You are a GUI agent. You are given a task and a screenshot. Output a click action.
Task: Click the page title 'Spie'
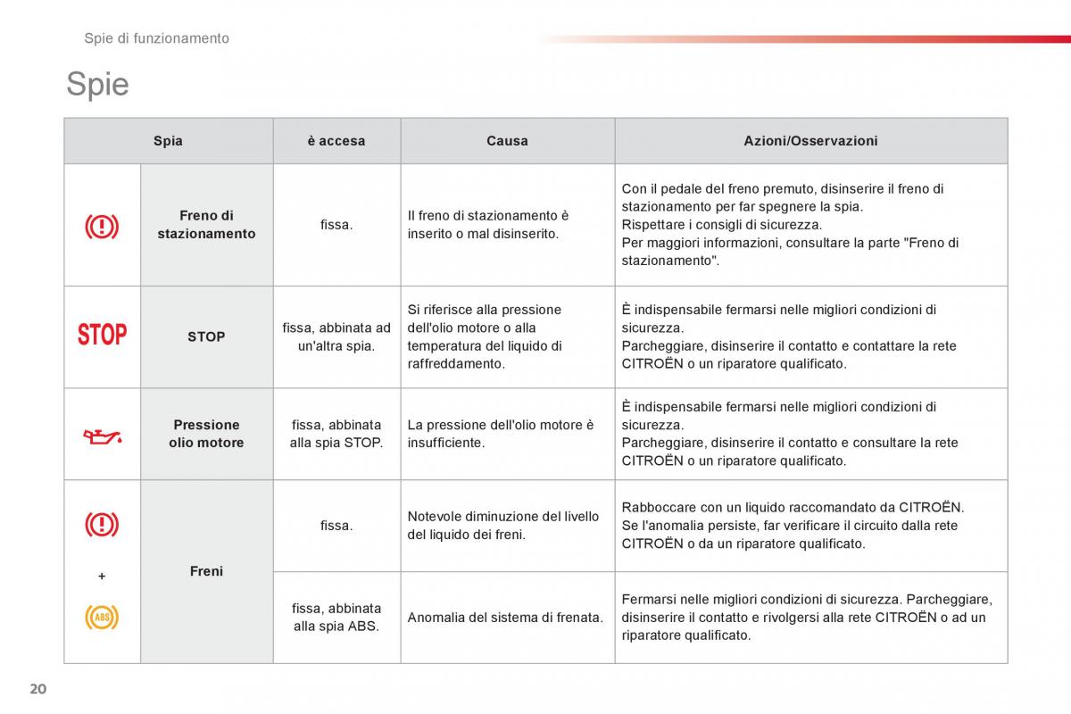point(97,85)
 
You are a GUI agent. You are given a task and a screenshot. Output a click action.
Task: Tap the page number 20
point(37,688)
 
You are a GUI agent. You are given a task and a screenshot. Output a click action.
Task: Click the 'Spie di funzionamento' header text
point(156,38)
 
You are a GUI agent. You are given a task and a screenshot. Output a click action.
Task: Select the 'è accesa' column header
point(336,141)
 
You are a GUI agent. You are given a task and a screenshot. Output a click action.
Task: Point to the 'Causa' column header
point(507,141)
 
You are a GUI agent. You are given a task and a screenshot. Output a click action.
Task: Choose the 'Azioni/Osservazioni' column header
point(810,141)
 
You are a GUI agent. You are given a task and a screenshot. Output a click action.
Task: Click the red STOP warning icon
point(102,336)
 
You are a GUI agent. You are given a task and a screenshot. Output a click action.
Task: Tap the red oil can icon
point(102,436)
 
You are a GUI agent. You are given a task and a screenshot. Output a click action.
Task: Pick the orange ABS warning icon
point(102,617)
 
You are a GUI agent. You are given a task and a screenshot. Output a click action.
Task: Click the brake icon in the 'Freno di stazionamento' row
point(102,227)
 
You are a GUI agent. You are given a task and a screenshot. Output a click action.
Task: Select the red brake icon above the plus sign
point(102,524)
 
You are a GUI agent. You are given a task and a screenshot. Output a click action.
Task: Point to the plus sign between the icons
point(102,577)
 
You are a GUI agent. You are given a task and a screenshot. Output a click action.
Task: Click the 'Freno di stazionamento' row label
point(206,225)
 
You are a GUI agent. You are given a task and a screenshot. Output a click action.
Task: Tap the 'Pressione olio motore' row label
point(206,434)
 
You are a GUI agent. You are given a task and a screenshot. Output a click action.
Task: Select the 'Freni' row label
point(206,571)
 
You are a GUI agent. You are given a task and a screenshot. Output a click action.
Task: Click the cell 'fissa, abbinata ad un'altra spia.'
point(336,336)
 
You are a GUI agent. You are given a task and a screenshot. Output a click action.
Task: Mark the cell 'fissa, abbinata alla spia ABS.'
point(336,617)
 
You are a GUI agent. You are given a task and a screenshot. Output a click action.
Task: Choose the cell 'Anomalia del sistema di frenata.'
point(505,617)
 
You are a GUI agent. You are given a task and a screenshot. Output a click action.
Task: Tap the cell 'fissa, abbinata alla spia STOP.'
point(336,434)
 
